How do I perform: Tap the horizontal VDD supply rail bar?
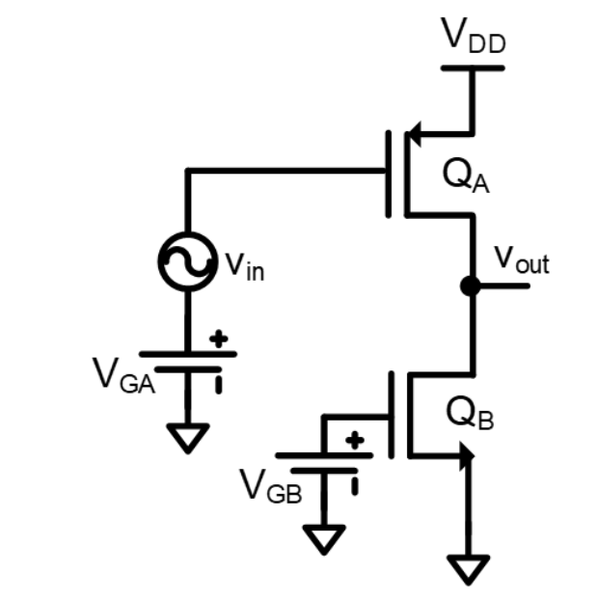click(473, 68)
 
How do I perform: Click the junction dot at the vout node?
click(471, 286)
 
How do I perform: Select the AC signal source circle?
click(186, 261)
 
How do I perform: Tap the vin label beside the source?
click(241, 266)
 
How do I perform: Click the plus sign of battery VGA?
click(220, 339)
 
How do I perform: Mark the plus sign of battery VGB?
click(355, 440)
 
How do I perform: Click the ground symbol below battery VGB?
click(323, 537)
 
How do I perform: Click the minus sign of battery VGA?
click(219, 383)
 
